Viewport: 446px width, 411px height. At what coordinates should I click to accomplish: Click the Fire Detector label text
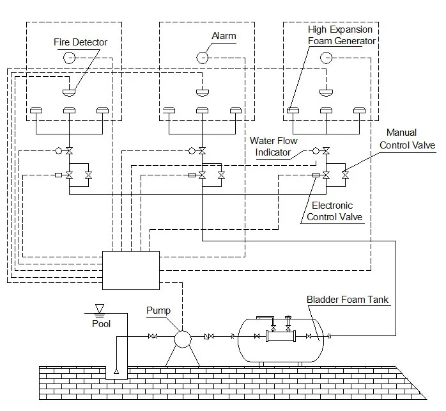81,42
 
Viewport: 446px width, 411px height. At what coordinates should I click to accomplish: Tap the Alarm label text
223,35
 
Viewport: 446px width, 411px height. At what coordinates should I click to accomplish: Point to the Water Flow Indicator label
273,147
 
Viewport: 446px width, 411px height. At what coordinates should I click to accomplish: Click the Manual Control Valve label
407,139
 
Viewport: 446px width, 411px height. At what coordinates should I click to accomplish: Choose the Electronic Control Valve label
334,211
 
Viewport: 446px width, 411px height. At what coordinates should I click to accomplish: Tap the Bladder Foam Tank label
347,299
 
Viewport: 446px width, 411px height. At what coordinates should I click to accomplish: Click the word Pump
158,310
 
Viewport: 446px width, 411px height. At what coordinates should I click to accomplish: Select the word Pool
101,323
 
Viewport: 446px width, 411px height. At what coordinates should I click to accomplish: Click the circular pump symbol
183,337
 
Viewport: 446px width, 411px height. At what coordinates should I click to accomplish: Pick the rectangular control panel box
131,270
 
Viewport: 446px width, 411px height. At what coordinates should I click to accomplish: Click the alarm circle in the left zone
68,58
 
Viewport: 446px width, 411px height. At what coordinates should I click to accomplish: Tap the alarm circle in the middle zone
201,58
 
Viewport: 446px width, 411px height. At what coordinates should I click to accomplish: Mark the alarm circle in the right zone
326,58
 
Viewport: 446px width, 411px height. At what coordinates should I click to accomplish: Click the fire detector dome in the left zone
68,92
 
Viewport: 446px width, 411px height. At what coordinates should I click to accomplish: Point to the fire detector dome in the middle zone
202,92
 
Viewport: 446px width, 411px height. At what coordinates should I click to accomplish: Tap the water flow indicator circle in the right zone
316,150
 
